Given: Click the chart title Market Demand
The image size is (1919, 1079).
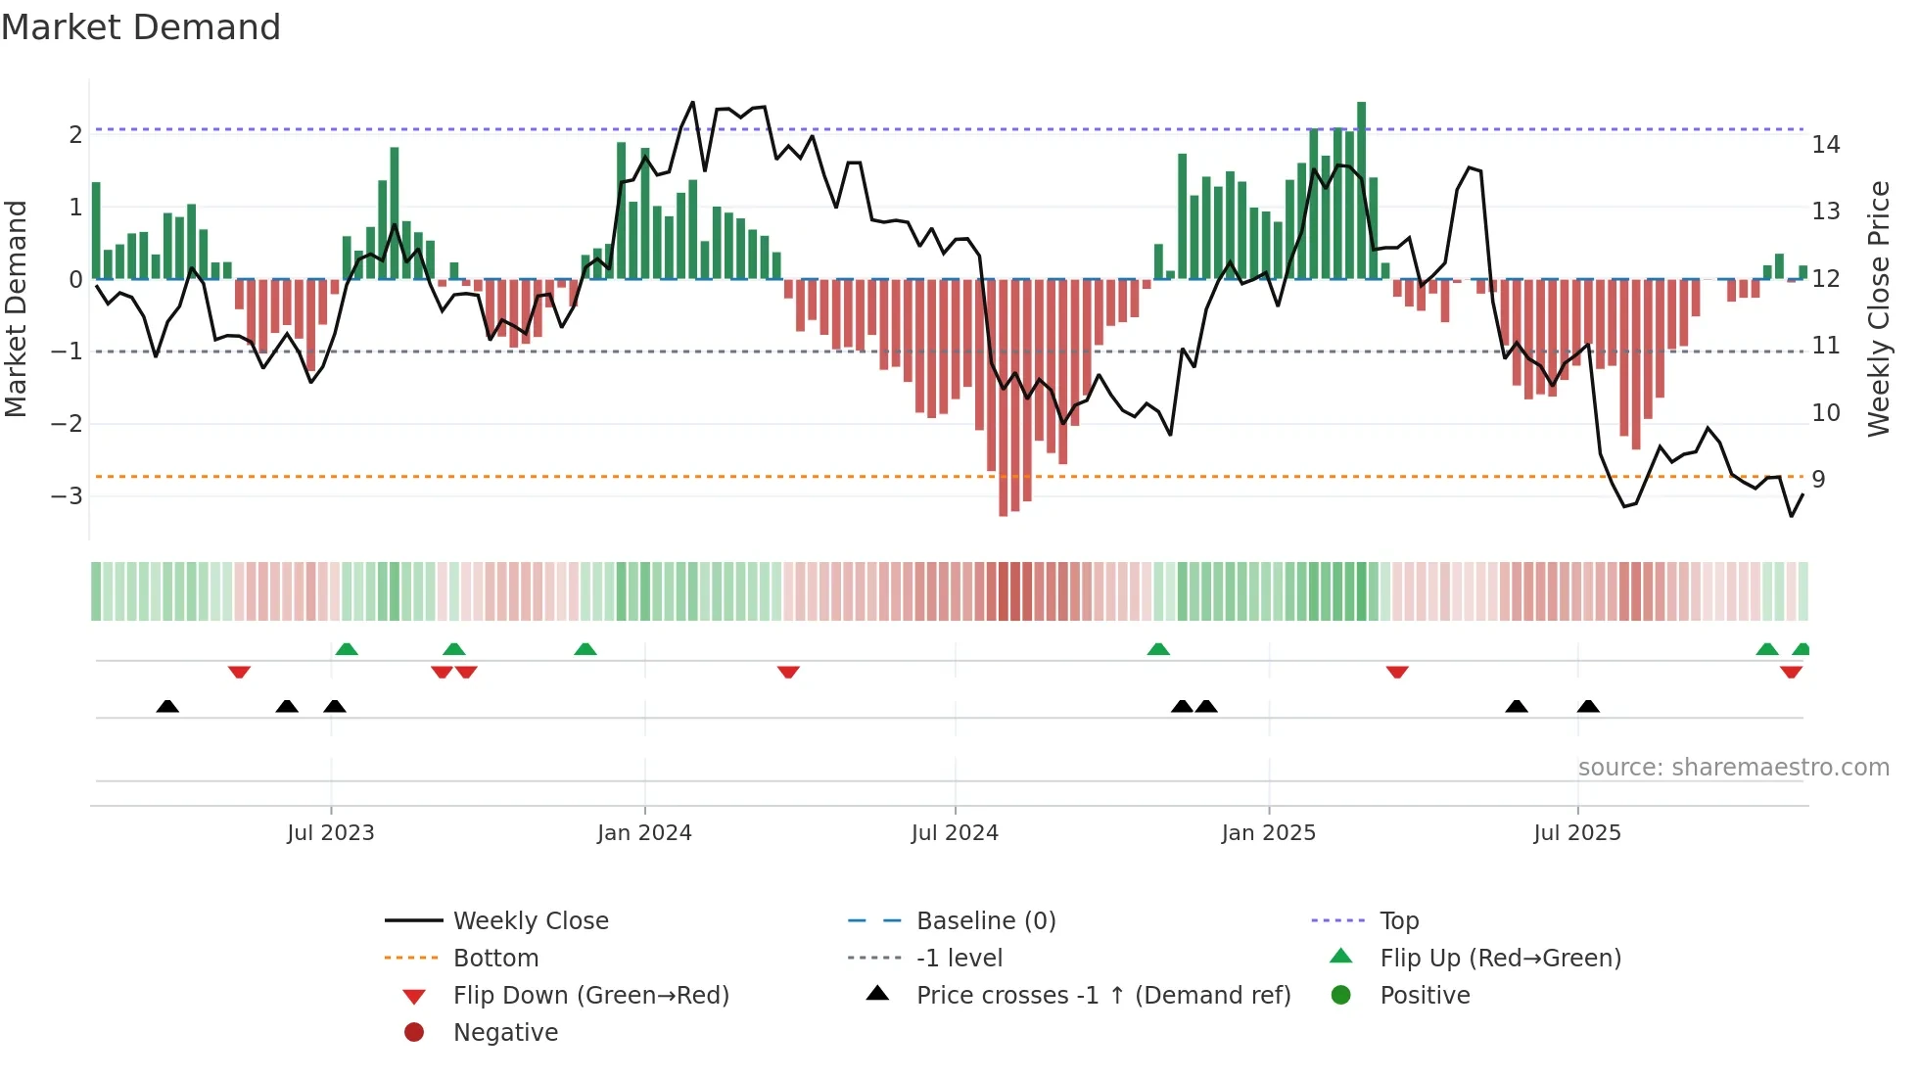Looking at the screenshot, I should tap(141, 27).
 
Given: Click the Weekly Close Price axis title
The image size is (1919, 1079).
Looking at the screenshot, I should tap(1878, 308).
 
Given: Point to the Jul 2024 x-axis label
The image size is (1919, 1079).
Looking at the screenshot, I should tap(955, 833).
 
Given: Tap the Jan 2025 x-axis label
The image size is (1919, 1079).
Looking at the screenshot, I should tap(1268, 833).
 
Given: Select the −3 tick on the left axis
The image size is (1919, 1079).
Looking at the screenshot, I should tap(68, 496).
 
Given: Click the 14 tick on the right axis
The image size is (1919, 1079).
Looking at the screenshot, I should tap(1826, 145).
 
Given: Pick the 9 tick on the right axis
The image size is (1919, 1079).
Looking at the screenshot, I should tap(1818, 480).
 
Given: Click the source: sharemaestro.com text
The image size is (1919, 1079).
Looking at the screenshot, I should tap(1733, 768).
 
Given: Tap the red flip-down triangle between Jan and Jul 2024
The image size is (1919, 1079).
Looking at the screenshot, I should tap(788, 672).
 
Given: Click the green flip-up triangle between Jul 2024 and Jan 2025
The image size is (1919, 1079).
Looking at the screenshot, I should tap(1158, 649).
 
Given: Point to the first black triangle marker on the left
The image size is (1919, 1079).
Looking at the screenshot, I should tap(167, 706).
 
